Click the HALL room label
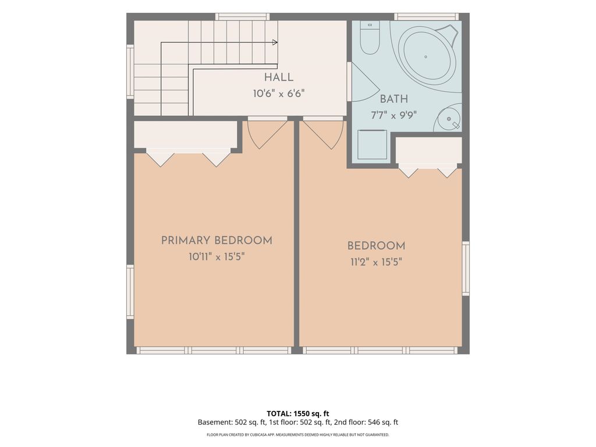pyautogui.click(x=279, y=77)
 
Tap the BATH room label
pyautogui.click(x=394, y=99)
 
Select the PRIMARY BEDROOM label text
pyautogui.click(x=217, y=240)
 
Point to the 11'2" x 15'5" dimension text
pyautogui.click(x=377, y=262)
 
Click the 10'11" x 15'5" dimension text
pyautogui.click(x=217, y=257)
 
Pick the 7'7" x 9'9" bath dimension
pyautogui.click(x=394, y=115)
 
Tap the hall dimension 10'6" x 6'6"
pyautogui.click(x=279, y=94)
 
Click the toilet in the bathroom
pyautogui.click(x=370, y=38)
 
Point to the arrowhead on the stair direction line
pyautogui.click(x=275, y=42)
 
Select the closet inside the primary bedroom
pyautogui.click(x=186, y=134)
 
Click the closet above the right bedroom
pyautogui.click(x=429, y=151)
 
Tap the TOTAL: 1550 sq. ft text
pyautogui.click(x=298, y=414)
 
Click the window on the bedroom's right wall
pyautogui.click(x=466, y=268)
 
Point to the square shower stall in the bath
pyautogui.click(x=372, y=144)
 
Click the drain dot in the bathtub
pyautogui.click(x=425, y=57)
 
